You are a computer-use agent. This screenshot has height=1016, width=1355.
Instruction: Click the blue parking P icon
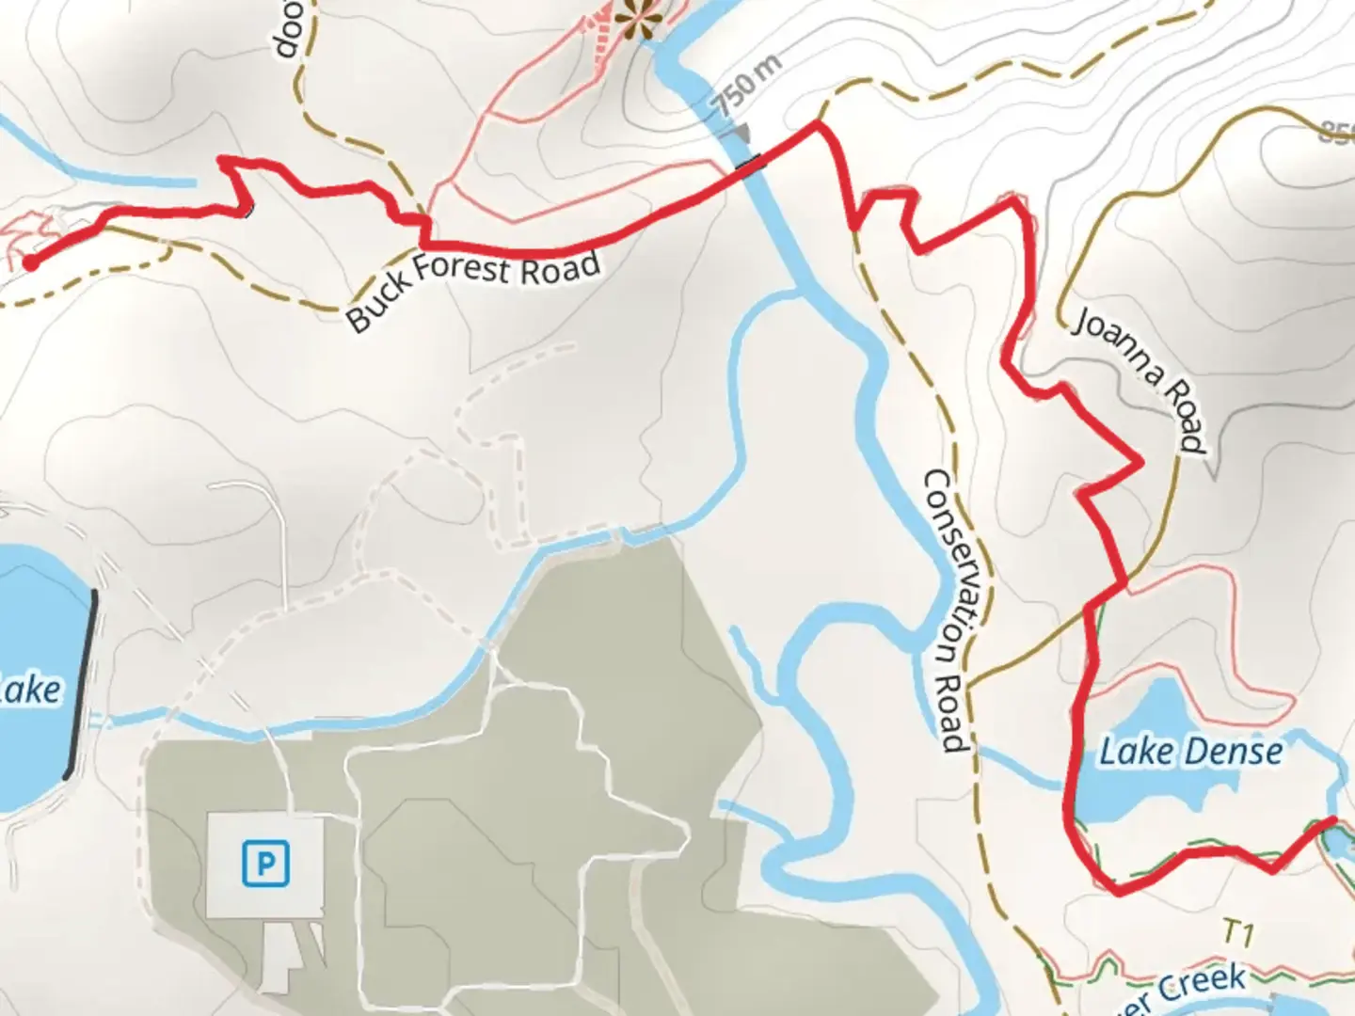click(264, 864)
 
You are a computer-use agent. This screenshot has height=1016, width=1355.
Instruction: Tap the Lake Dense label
click(1190, 752)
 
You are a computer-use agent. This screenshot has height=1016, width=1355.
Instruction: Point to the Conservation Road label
click(948, 611)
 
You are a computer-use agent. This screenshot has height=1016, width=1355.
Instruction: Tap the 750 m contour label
click(746, 86)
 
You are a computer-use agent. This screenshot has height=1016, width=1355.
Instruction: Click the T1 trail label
click(1238, 934)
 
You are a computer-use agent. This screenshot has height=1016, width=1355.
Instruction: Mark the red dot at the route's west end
click(31, 262)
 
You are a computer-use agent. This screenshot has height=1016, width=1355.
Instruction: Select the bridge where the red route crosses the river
click(751, 166)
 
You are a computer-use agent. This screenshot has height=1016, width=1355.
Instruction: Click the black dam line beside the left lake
click(81, 685)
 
